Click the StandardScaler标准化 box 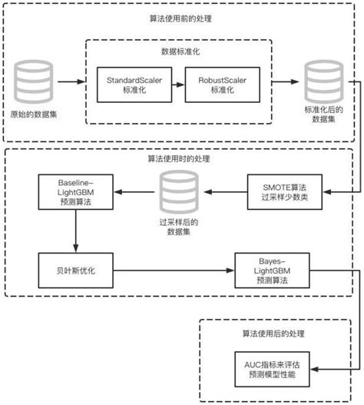click(134, 85)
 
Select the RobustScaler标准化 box click(222, 85)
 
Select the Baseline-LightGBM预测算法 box click(74, 191)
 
